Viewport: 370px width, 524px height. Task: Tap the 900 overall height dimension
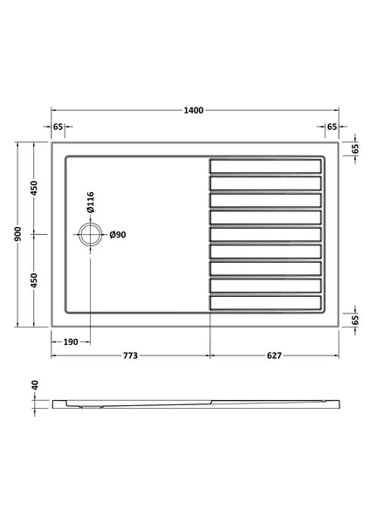tap(18, 234)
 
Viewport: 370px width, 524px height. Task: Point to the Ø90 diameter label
tap(119, 234)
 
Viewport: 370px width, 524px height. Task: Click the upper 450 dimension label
tap(35, 188)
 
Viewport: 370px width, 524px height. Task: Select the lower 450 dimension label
tap(35, 280)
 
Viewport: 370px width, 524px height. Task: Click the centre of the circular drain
tap(90, 234)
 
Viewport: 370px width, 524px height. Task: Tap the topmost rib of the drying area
tap(265, 165)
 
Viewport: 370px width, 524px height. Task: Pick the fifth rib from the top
tap(265, 234)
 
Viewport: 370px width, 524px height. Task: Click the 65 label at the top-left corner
tap(58, 127)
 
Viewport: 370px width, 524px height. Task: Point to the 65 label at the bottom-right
tap(356, 320)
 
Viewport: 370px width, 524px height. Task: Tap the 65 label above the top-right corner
tap(332, 127)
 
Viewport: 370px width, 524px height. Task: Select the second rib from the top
tap(265, 183)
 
